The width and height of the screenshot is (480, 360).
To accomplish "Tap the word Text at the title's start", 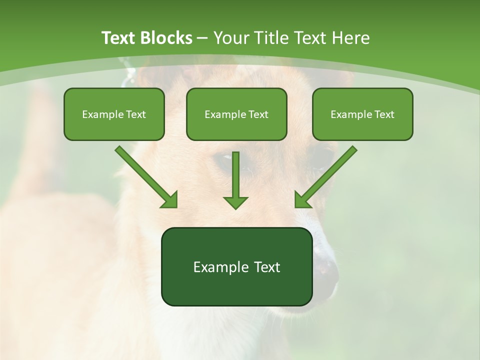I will tap(119, 38).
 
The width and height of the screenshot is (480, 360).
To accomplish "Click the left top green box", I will tap(114, 114).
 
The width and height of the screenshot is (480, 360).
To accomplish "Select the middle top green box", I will tap(236, 114).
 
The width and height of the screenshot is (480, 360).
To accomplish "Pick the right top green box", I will tap(362, 114).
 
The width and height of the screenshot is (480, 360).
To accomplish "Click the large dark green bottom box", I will tap(236, 266).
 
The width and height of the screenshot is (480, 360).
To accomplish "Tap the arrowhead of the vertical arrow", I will tap(235, 202).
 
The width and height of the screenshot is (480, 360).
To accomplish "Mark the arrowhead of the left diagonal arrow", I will tap(170, 200).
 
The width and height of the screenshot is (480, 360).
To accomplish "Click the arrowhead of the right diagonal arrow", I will tap(302, 200).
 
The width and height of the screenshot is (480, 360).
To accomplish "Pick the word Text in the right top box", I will tap(384, 114).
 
